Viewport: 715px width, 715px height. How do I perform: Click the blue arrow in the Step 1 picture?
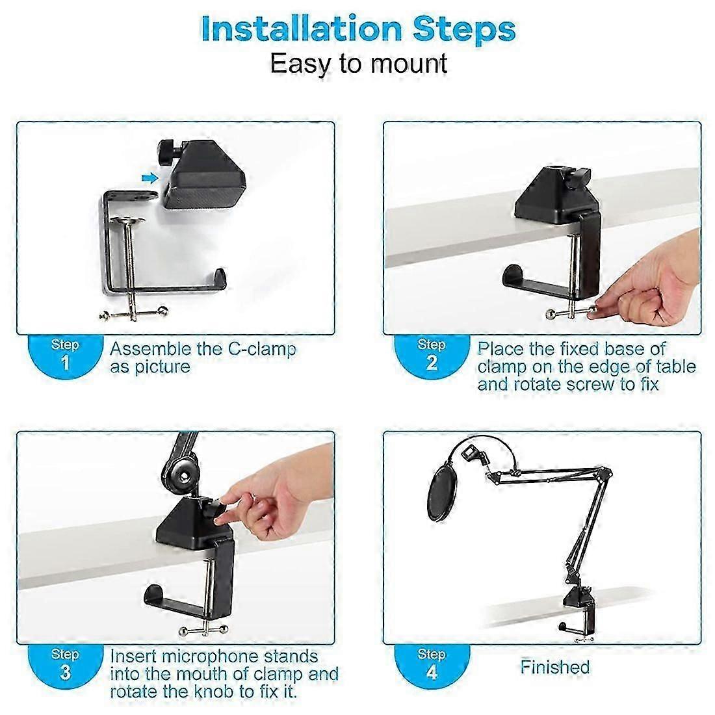pyautogui.click(x=149, y=178)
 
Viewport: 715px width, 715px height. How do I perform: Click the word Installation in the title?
pyautogui.click(x=301, y=30)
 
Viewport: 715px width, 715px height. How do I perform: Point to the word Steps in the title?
pyautogui.click(x=464, y=30)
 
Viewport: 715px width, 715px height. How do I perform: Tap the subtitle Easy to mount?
pyautogui.click(x=358, y=64)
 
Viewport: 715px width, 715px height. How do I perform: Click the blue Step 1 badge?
pyautogui.click(x=65, y=356)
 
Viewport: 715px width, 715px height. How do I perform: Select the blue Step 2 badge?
pyautogui.click(x=431, y=356)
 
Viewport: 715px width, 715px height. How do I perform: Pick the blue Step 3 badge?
pyautogui.click(x=65, y=665)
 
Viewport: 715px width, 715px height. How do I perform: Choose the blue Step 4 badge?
pyautogui.click(x=431, y=665)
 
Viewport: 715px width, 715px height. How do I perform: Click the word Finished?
pyautogui.click(x=555, y=667)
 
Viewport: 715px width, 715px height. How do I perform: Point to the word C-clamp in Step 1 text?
pyautogui.click(x=262, y=350)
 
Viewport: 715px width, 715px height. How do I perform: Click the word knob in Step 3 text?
pyautogui.click(x=213, y=692)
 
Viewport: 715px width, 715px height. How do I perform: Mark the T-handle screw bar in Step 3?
pyautogui.click(x=203, y=631)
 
